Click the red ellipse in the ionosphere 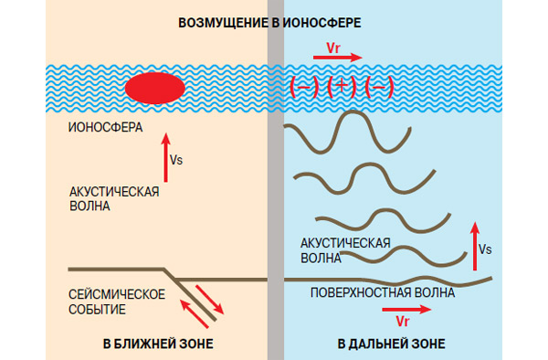[x=155, y=88]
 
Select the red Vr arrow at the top [x=338, y=58]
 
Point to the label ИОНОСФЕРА [x=106, y=127]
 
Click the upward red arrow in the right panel [x=475, y=245]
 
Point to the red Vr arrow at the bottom [x=403, y=310]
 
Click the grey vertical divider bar [x=277, y=183]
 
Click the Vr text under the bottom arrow [x=403, y=323]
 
